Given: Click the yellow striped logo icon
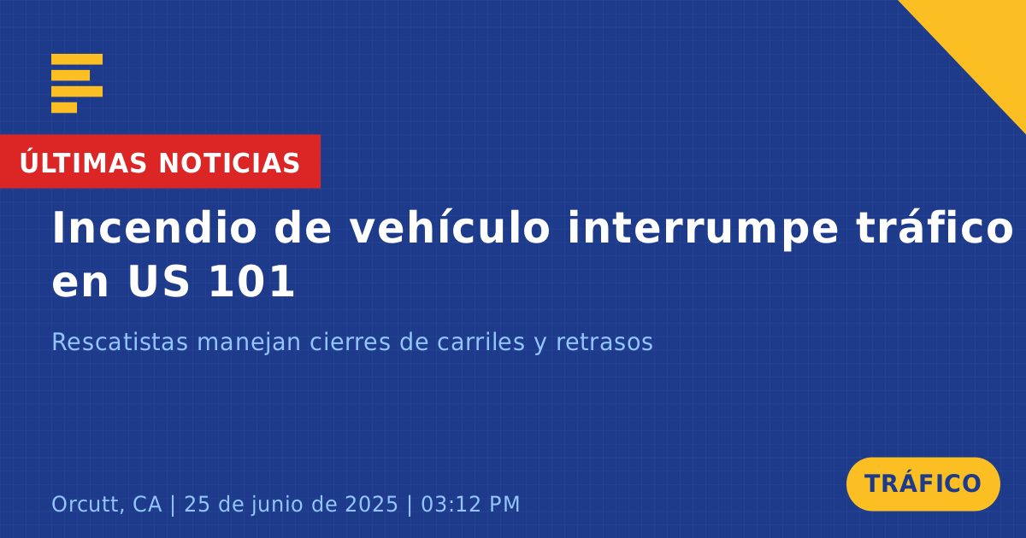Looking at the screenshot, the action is [x=77, y=84].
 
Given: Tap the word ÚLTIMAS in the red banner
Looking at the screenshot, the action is [x=83, y=161].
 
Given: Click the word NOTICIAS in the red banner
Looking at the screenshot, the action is [x=229, y=163].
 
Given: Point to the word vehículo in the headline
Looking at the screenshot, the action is [x=450, y=227].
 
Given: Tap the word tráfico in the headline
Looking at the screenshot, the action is [x=935, y=227].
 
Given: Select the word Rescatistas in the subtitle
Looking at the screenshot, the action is [x=120, y=342].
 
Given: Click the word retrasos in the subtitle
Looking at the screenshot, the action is [x=604, y=342].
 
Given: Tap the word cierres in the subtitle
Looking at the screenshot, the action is [x=350, y=342].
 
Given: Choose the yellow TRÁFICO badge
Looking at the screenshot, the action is [x=923, y=484].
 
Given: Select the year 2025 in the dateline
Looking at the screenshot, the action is [x=371, y=504].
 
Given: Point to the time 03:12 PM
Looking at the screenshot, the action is [x=470, y=504].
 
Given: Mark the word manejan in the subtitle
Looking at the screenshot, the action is [x=249, y=342].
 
